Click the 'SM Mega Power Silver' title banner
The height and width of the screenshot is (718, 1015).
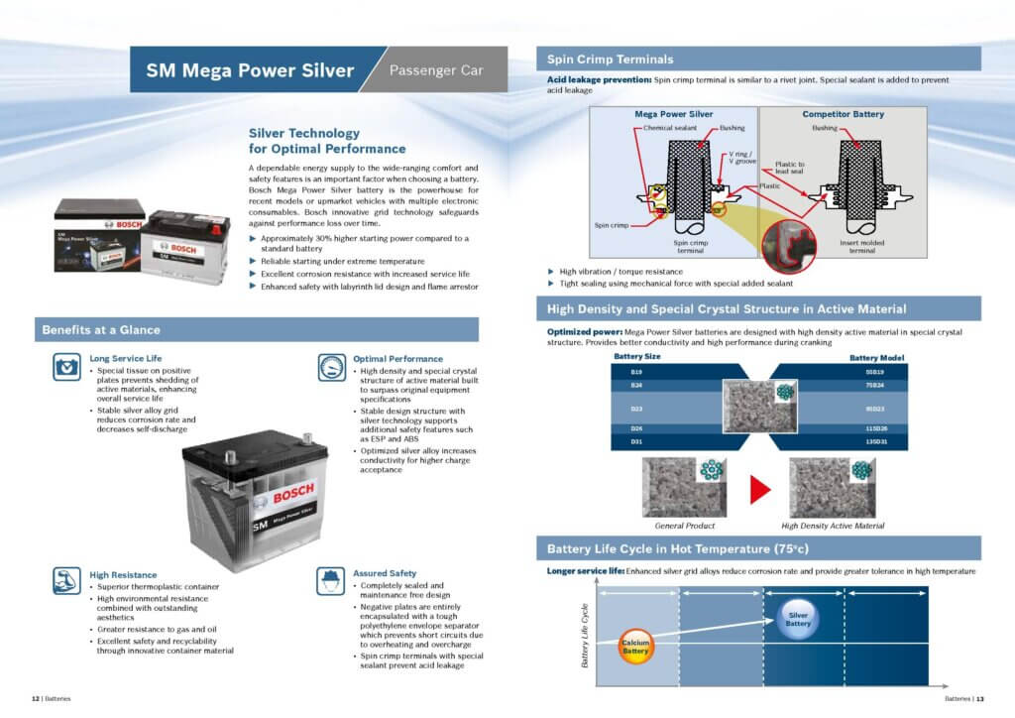250,70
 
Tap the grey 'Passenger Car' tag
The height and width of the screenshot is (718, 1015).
436,70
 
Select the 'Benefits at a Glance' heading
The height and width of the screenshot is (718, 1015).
100,329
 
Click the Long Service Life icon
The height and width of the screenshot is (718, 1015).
67,368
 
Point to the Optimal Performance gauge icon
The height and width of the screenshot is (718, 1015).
333,368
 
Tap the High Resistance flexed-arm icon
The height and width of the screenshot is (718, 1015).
67,581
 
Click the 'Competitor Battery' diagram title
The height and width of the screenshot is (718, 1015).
843,114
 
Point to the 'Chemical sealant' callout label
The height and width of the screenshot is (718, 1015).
671,128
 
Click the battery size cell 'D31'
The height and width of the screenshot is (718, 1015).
637,440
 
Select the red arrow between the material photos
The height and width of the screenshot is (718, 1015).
760,488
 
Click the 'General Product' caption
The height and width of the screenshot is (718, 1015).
684,526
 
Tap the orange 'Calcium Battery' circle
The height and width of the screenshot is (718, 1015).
635,647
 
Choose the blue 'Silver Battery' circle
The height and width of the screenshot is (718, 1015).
798,619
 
